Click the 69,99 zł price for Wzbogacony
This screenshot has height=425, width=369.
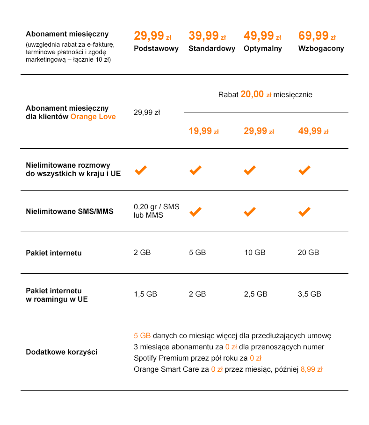(x=317, y=36)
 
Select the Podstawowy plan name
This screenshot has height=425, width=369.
(x=156, y=49)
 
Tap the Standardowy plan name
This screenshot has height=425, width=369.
(x=211, y=49)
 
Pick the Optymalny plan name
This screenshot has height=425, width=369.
(x=262, y=49)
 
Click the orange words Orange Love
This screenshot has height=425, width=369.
(x=93, y=117)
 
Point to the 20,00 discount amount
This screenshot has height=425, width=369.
(x=252, y=94)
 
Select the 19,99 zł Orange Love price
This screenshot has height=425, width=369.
(x=203, y=131)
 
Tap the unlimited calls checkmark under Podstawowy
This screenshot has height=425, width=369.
(x=141, y=170)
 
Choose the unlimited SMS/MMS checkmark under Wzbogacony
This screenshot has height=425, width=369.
(x=304, y=212)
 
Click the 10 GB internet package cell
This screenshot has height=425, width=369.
(x=254, y=253)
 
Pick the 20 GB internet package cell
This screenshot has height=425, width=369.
(x=308, y=253)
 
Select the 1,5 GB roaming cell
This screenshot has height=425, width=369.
(x=145, y=294)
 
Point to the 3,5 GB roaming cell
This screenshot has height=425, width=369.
(x=309, y=294)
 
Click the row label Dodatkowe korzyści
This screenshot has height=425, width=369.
(x=61, y=352)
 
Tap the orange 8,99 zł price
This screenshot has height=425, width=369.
(x=312, y=369)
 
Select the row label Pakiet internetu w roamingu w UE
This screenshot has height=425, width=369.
(x=56, y=295)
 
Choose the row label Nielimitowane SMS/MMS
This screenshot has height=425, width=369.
(x=69, y=212)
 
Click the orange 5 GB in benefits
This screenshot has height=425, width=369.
(x=142, y=336)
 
